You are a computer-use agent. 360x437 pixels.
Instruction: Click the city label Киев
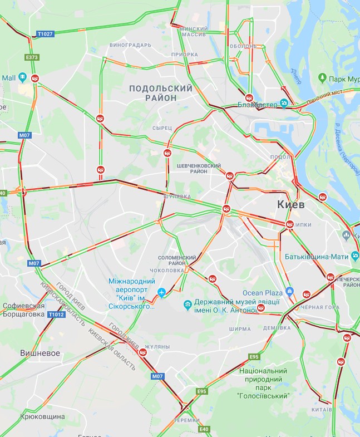[x=291, y=205]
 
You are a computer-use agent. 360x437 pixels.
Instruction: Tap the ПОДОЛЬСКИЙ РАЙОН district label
[x=161, y=93]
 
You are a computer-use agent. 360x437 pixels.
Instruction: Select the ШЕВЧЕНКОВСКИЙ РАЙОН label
[x=199, y=168]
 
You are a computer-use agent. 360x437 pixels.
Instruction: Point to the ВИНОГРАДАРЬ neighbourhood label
[x=131, y=45]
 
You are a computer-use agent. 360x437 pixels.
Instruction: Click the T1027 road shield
[x=46, y=34]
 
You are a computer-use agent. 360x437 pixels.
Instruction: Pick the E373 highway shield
[x=32, y=57]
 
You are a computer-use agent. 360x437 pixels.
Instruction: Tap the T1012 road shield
[x=56, y=315]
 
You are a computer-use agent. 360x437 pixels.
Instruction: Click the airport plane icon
[x=162, y=292]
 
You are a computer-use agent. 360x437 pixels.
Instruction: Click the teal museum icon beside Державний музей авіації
[x=188, y=304]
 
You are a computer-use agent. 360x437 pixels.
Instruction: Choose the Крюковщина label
[x=43, y=416]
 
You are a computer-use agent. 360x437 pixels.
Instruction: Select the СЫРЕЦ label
[x=162, y=128]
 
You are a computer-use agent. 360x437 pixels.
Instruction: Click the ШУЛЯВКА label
[x=177, y=197]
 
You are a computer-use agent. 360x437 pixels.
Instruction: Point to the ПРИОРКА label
[x=184, y=55]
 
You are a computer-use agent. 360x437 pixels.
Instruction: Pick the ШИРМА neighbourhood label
[x=239, y=329]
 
